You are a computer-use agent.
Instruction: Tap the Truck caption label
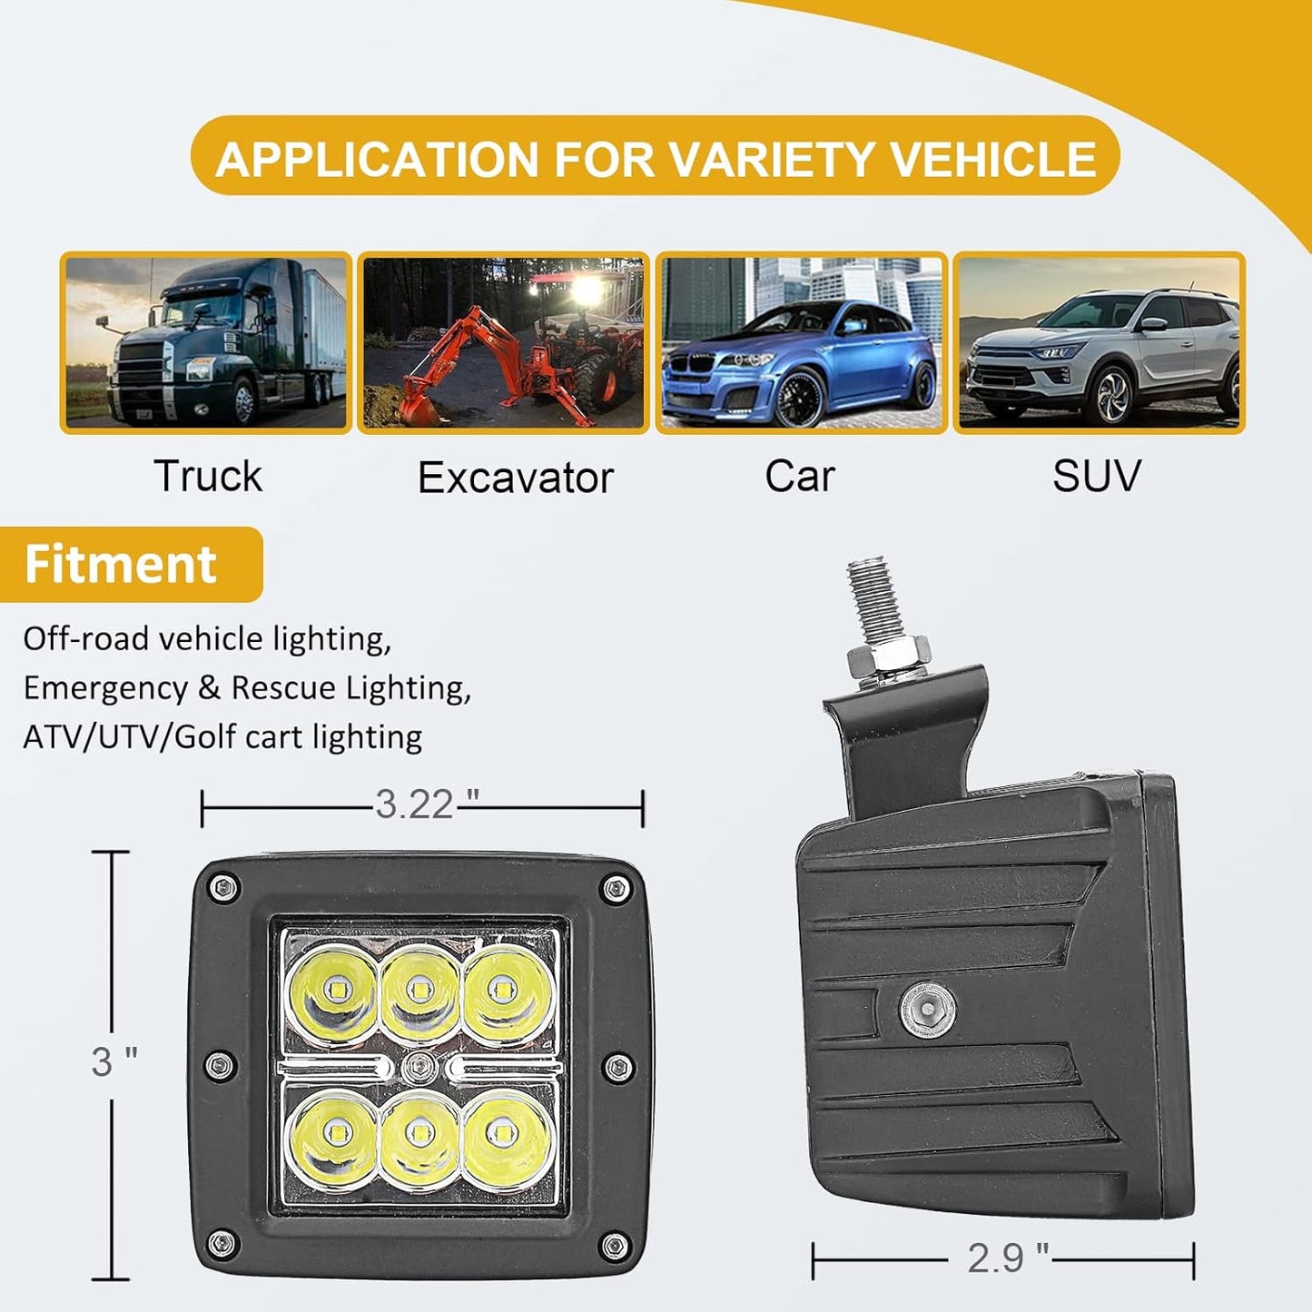[208, 476]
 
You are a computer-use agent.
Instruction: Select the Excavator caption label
[515, 478]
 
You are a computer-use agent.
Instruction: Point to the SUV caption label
[1096, 476]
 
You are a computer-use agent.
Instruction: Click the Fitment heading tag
[121, 564]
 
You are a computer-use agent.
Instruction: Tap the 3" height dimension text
[113, 1061]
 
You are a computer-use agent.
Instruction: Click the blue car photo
[801, 342]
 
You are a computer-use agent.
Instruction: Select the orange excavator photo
[504, 342]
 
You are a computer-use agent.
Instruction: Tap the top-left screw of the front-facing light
[223, 887]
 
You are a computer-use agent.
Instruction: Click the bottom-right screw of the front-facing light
[615, 1244]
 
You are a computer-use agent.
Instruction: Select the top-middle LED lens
[419, 989]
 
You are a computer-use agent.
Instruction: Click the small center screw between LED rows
[418, 1068]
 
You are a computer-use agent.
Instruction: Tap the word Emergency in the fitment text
[104, 688]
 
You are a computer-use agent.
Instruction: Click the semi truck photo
[206, 342]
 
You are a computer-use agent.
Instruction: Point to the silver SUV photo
[1099, 342]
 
